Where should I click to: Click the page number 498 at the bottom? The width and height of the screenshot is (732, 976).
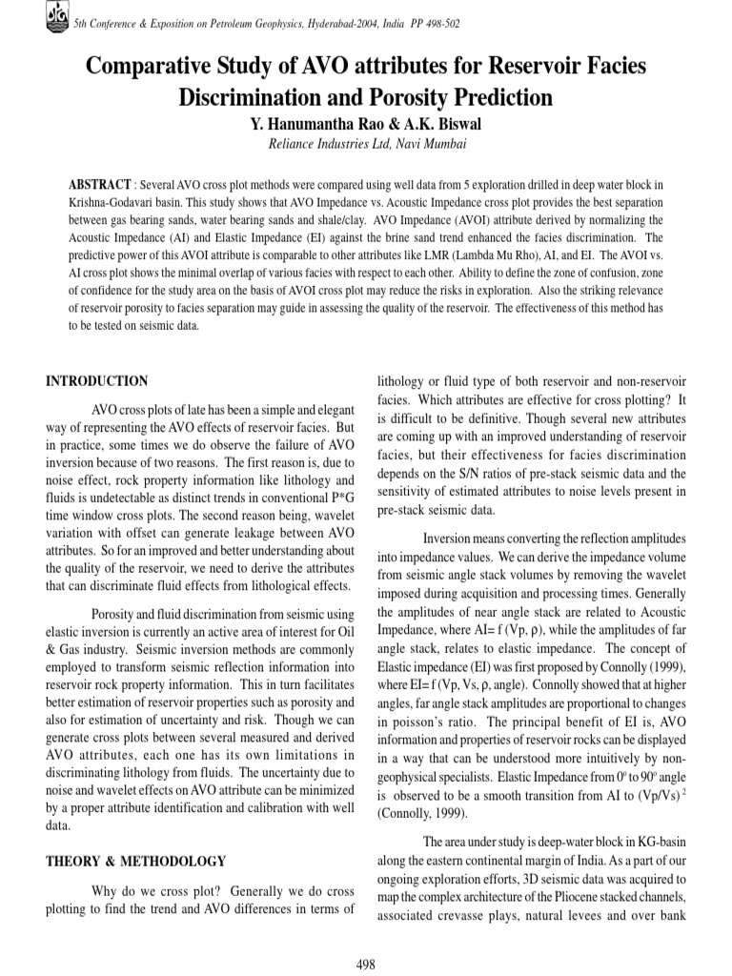(365, 965)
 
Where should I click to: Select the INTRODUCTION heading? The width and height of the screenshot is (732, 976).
(97, 381)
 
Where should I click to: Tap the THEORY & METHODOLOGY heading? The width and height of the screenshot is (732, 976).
(136, 862)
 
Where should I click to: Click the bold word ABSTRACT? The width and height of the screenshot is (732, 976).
(100, 183)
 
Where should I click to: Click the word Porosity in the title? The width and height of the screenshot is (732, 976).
(387, 96)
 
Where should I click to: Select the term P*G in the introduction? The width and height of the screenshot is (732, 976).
(342, 498)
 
